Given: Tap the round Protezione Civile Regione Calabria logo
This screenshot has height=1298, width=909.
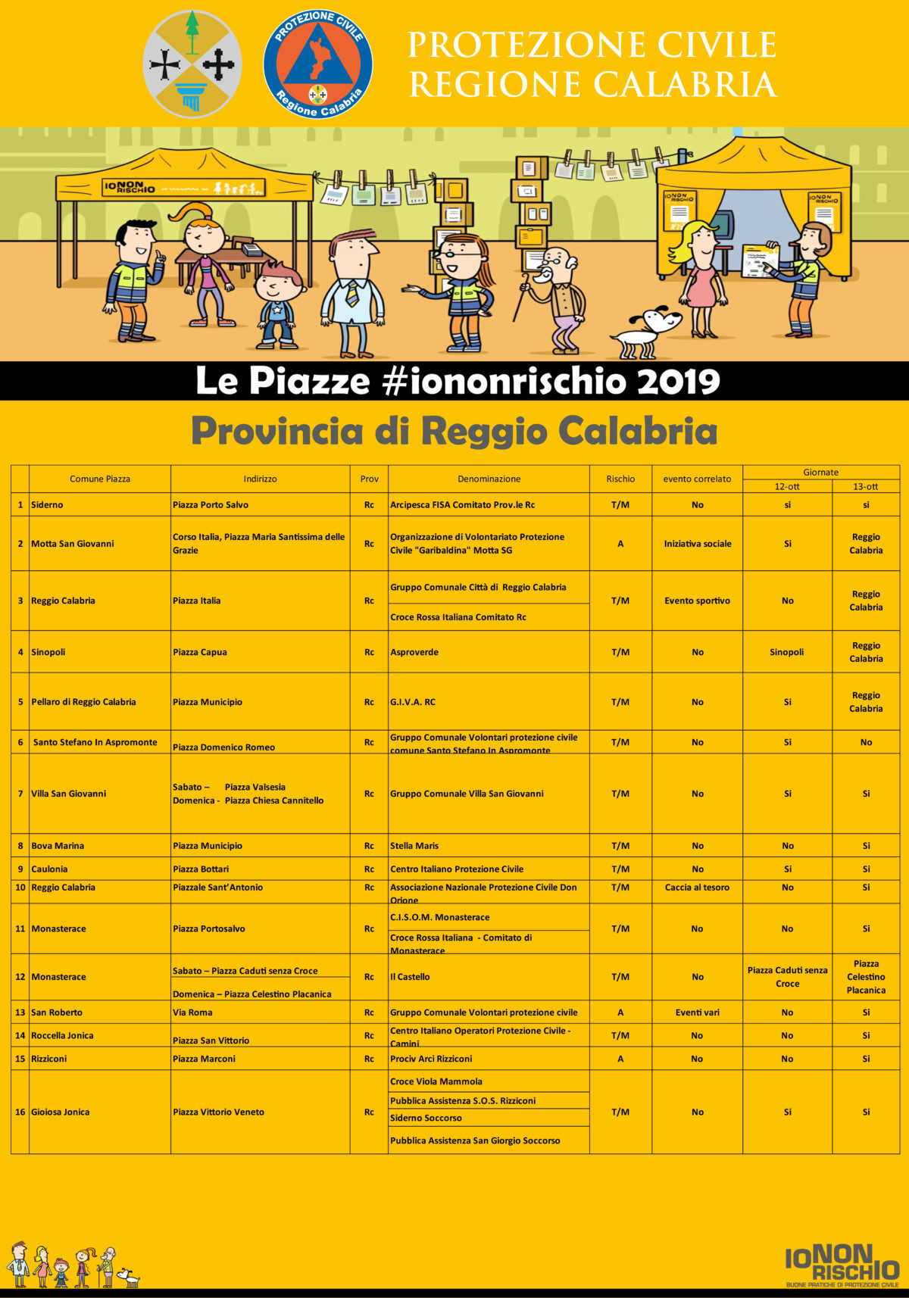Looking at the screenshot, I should [317, 64].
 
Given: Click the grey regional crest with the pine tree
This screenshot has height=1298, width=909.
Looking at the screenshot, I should [192, 64].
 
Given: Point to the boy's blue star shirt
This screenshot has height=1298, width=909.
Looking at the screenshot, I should [276, 310].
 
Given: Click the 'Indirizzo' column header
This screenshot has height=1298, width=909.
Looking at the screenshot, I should [260, 479].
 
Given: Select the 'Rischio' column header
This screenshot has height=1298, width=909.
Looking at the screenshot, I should [620, 479].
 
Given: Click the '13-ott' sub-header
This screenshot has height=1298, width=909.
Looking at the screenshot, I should [866, 486].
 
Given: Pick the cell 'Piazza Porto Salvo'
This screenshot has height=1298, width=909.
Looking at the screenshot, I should [211, 505].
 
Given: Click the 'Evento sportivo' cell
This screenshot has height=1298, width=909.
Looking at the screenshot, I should [697, 601].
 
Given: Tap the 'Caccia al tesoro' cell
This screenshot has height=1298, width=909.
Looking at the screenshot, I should [697, 888].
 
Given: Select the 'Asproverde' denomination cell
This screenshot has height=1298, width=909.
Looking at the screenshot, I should [414, 652].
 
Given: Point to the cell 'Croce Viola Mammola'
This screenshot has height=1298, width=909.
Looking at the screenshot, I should [436, 1081].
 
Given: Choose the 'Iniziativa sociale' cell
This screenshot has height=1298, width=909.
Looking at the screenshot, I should [698, 544].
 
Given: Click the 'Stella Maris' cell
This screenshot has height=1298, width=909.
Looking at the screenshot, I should [414, 846].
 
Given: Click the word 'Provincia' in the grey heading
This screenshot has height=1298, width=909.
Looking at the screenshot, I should [277, 432].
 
